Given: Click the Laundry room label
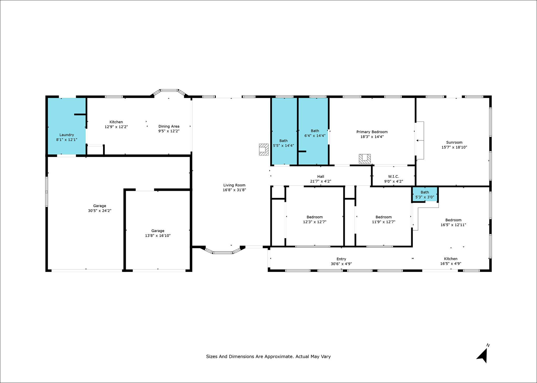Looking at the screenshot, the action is (x=67, y=135).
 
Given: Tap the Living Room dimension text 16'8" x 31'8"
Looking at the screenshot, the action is (x=234, y=190).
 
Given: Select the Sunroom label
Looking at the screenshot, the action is (x=454, y=142).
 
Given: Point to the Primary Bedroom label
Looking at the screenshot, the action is (x=372, y=132).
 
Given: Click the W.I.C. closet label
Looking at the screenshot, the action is (x=394, y=177).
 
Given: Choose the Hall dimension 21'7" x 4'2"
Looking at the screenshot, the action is (x=321, y=181).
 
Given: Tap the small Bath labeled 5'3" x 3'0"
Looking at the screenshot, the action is (x=425, y=195).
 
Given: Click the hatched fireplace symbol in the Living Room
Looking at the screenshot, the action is (x=264, y=149).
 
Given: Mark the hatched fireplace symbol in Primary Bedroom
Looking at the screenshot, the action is (x=365, y=159).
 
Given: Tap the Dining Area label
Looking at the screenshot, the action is (x=169, y=126).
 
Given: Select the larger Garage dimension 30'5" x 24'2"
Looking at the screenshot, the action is (x=100, y=210).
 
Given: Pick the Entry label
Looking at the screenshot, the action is (x=341, y=259).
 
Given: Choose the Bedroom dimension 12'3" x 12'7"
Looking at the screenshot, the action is (x=315, y=222).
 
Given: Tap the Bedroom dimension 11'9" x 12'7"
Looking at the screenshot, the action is (x=384, y=222).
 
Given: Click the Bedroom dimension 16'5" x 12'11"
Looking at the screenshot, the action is (x=453, y=225).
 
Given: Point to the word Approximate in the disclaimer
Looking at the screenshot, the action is (x=279, y=357).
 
